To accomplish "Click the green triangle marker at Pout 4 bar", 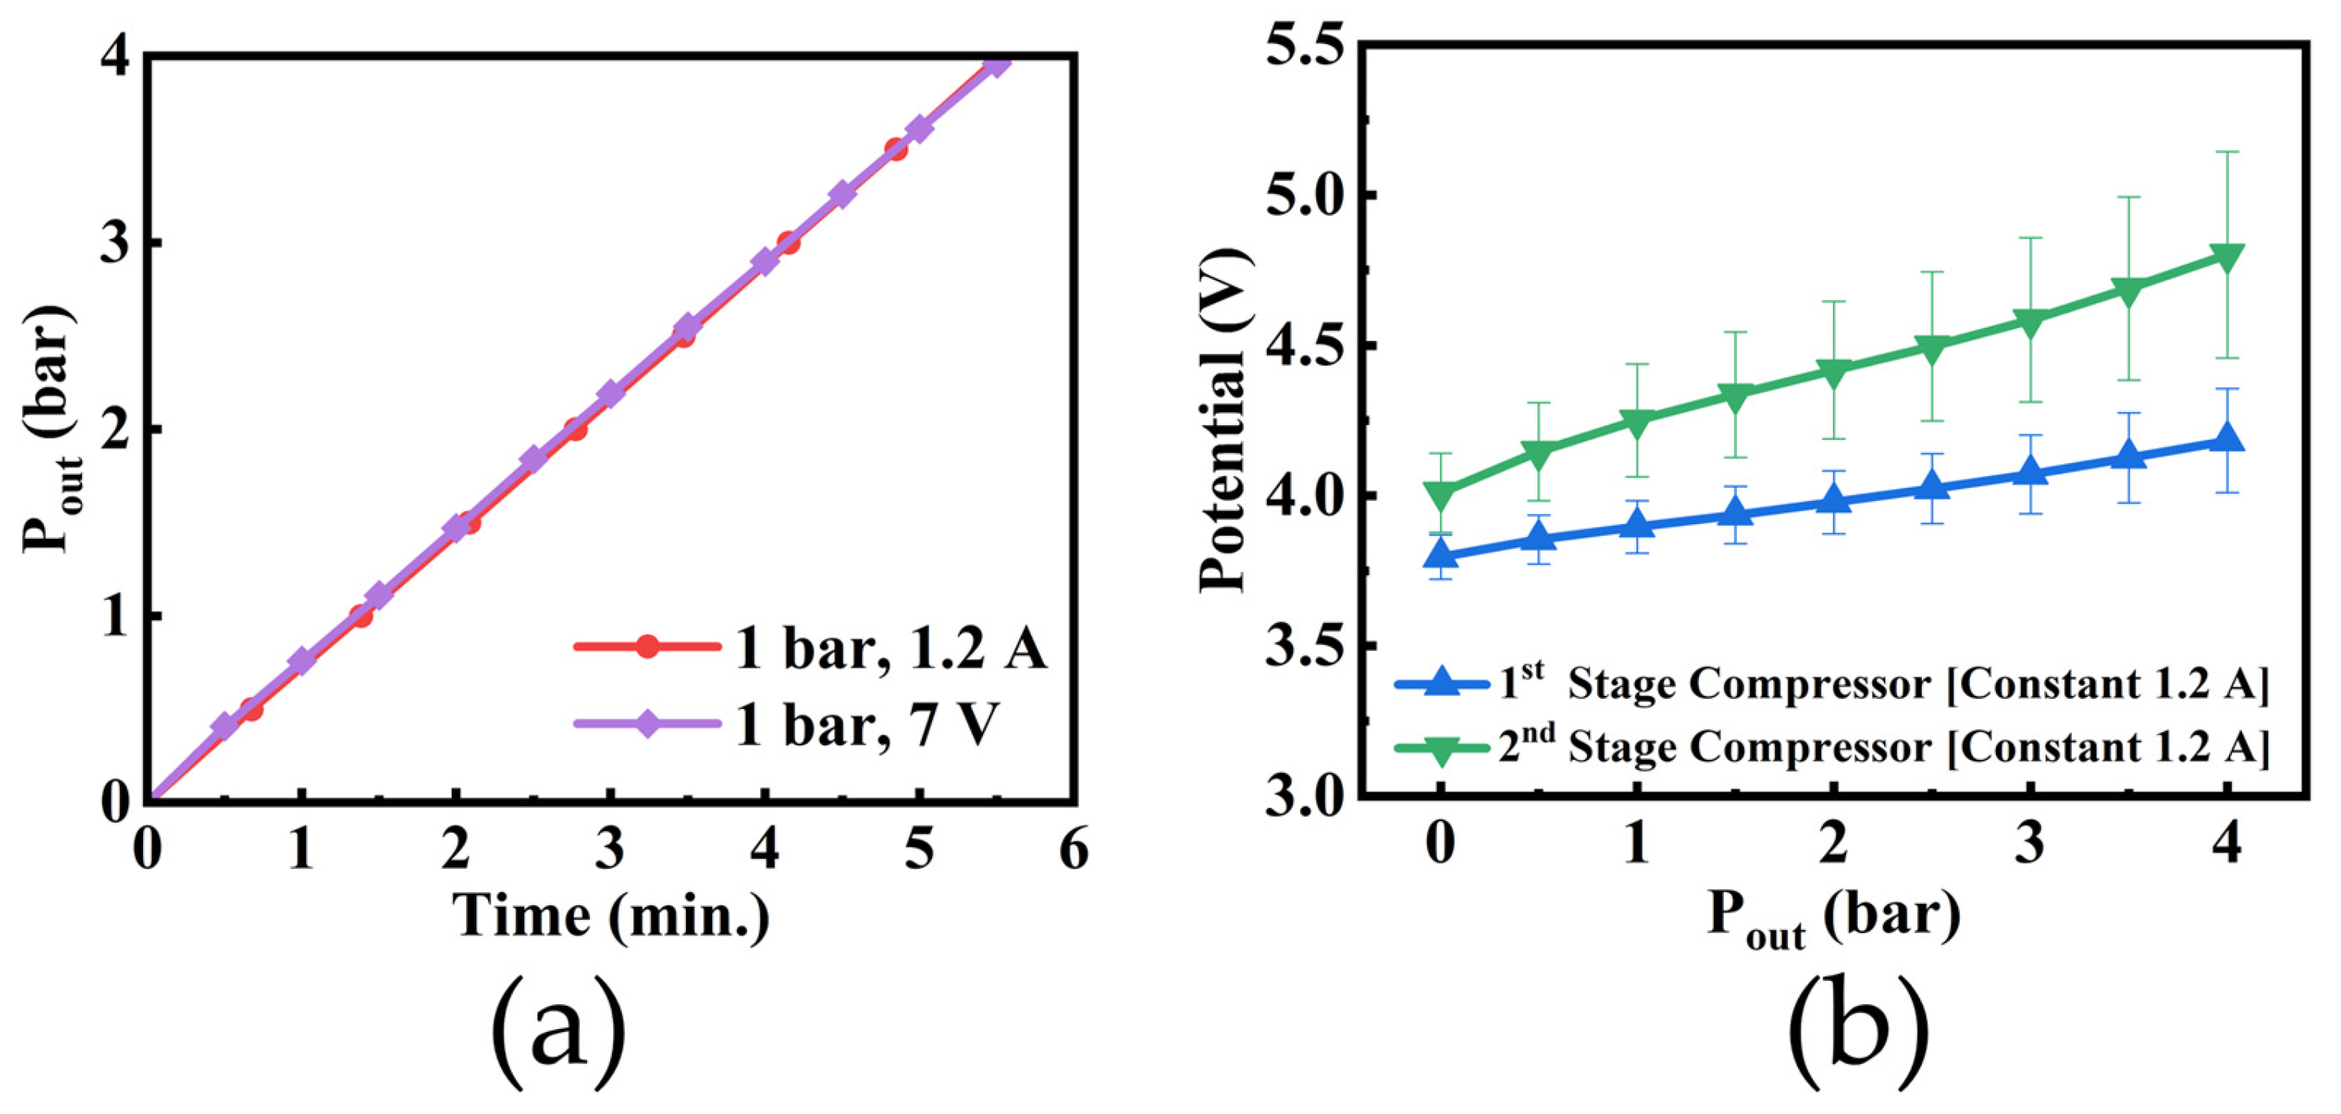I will [2227, 255].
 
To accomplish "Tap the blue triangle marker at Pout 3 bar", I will [2030, 472].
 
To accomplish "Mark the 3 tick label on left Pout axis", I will [116, 244].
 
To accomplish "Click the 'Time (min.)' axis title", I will [611, 916].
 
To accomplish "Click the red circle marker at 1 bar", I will [362, 616].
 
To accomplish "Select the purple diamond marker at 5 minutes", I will [920, 129].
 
